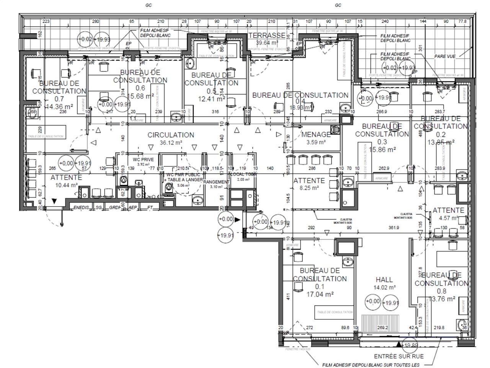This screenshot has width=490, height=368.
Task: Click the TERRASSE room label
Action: click(267, 35)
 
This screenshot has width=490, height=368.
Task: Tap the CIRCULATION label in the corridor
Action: click(171, 135)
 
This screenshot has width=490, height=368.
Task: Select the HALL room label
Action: click(384, 280)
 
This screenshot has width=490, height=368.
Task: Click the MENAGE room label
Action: click(316, 135)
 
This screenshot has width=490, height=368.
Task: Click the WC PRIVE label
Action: click(144, 160)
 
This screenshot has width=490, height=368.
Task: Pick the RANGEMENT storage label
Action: click(216, 182)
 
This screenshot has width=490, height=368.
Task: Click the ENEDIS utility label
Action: click(81, 207)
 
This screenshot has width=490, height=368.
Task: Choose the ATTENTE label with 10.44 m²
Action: click(66, 177)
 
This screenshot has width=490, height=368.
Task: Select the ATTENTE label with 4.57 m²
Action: click(448, 210)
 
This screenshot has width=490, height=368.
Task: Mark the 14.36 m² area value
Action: click(59, 107)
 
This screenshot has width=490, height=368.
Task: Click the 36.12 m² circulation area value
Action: click(171, 142)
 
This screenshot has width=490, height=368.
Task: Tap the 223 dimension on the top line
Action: click(46, 21)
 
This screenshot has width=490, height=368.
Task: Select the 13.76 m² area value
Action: click(442, 299)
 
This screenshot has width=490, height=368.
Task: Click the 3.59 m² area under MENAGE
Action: click(316, 142)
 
